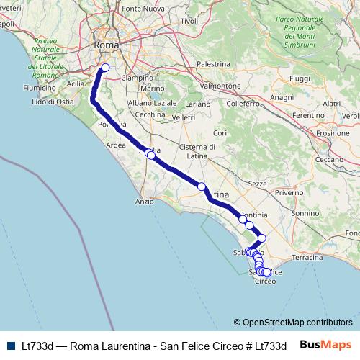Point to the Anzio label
[x=145, y=202]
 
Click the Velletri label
[x=184, y=117]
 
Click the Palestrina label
[x=212, y=64]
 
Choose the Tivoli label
[x=189, y=21]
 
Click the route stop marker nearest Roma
[x=105, y=68]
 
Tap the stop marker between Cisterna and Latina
[x=202, y=186]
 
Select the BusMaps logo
[x=325, y=345]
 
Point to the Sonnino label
[x=305, y=213]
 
